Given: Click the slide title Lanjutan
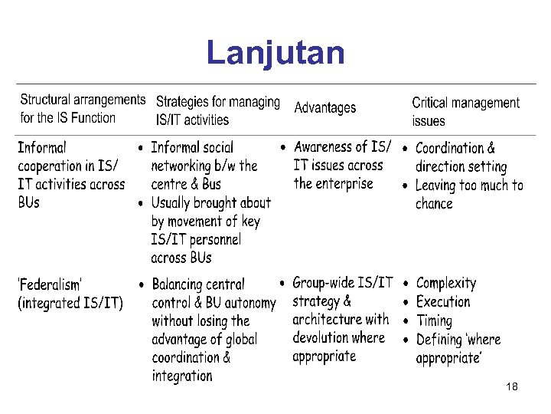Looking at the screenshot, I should (275, 53).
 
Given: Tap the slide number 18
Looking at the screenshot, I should (512, 387).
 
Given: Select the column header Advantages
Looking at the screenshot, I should (324, 108).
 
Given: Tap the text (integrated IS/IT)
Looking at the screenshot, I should (70, 303).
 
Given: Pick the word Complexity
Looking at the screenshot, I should (445, 284).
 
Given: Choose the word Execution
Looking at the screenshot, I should (442, 302).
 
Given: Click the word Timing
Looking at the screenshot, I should (434, 321).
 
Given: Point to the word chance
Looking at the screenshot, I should (434, 204).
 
